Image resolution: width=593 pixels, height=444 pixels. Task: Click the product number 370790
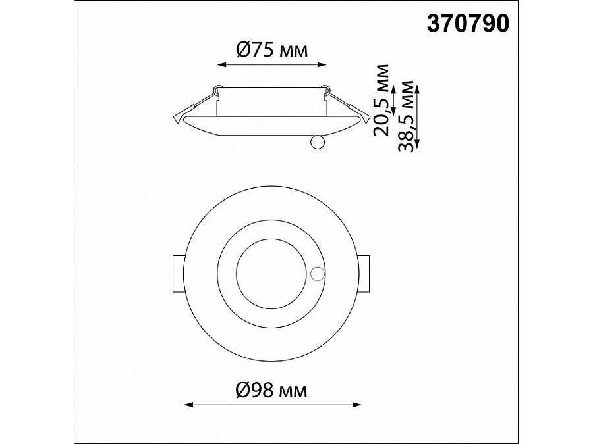click(x=468, y=24)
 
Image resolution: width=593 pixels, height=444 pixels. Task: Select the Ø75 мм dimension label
click(x=271, y=49)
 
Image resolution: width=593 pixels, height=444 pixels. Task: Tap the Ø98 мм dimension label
click(x=271, y=390)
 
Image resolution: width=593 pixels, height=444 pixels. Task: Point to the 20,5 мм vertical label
click(x=381, y=100)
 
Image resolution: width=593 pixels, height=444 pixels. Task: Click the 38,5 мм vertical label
click(x=406, y=116)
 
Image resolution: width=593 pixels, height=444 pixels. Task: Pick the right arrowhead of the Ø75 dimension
click(x=322, y=65)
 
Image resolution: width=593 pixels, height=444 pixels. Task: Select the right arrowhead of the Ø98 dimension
click(x=356, y=405)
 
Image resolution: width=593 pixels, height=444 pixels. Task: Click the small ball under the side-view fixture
click(x=317, y=142)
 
